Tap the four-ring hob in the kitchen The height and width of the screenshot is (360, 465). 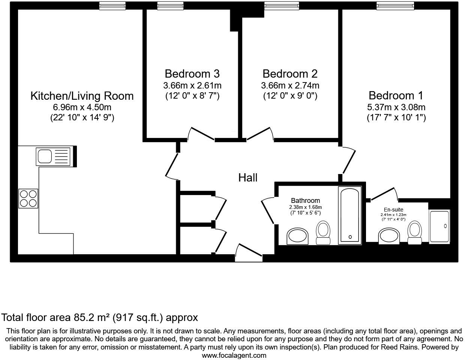point(28,198)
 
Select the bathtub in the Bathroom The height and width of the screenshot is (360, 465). point(349,214)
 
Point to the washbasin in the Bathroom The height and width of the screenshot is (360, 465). point(297,236)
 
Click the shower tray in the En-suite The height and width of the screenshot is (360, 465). point(439,226)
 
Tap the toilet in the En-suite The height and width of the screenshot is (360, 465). point(414,233)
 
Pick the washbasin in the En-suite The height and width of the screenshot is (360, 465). point(390,236)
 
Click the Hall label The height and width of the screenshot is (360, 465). point(248,177)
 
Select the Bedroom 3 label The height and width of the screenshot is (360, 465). point(192,73)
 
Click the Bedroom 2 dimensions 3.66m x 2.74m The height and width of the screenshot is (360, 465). point(290,85)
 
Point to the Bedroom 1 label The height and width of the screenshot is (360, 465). point(396,95)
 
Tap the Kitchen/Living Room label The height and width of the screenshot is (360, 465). point(82,96)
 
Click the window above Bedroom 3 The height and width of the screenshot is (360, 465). point(168,5)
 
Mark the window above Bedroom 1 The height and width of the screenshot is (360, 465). point(396,5)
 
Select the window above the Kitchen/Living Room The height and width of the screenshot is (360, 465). point(112,5)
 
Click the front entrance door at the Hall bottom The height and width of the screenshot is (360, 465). point(249,252)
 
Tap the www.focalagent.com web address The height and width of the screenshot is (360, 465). point(234,355)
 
